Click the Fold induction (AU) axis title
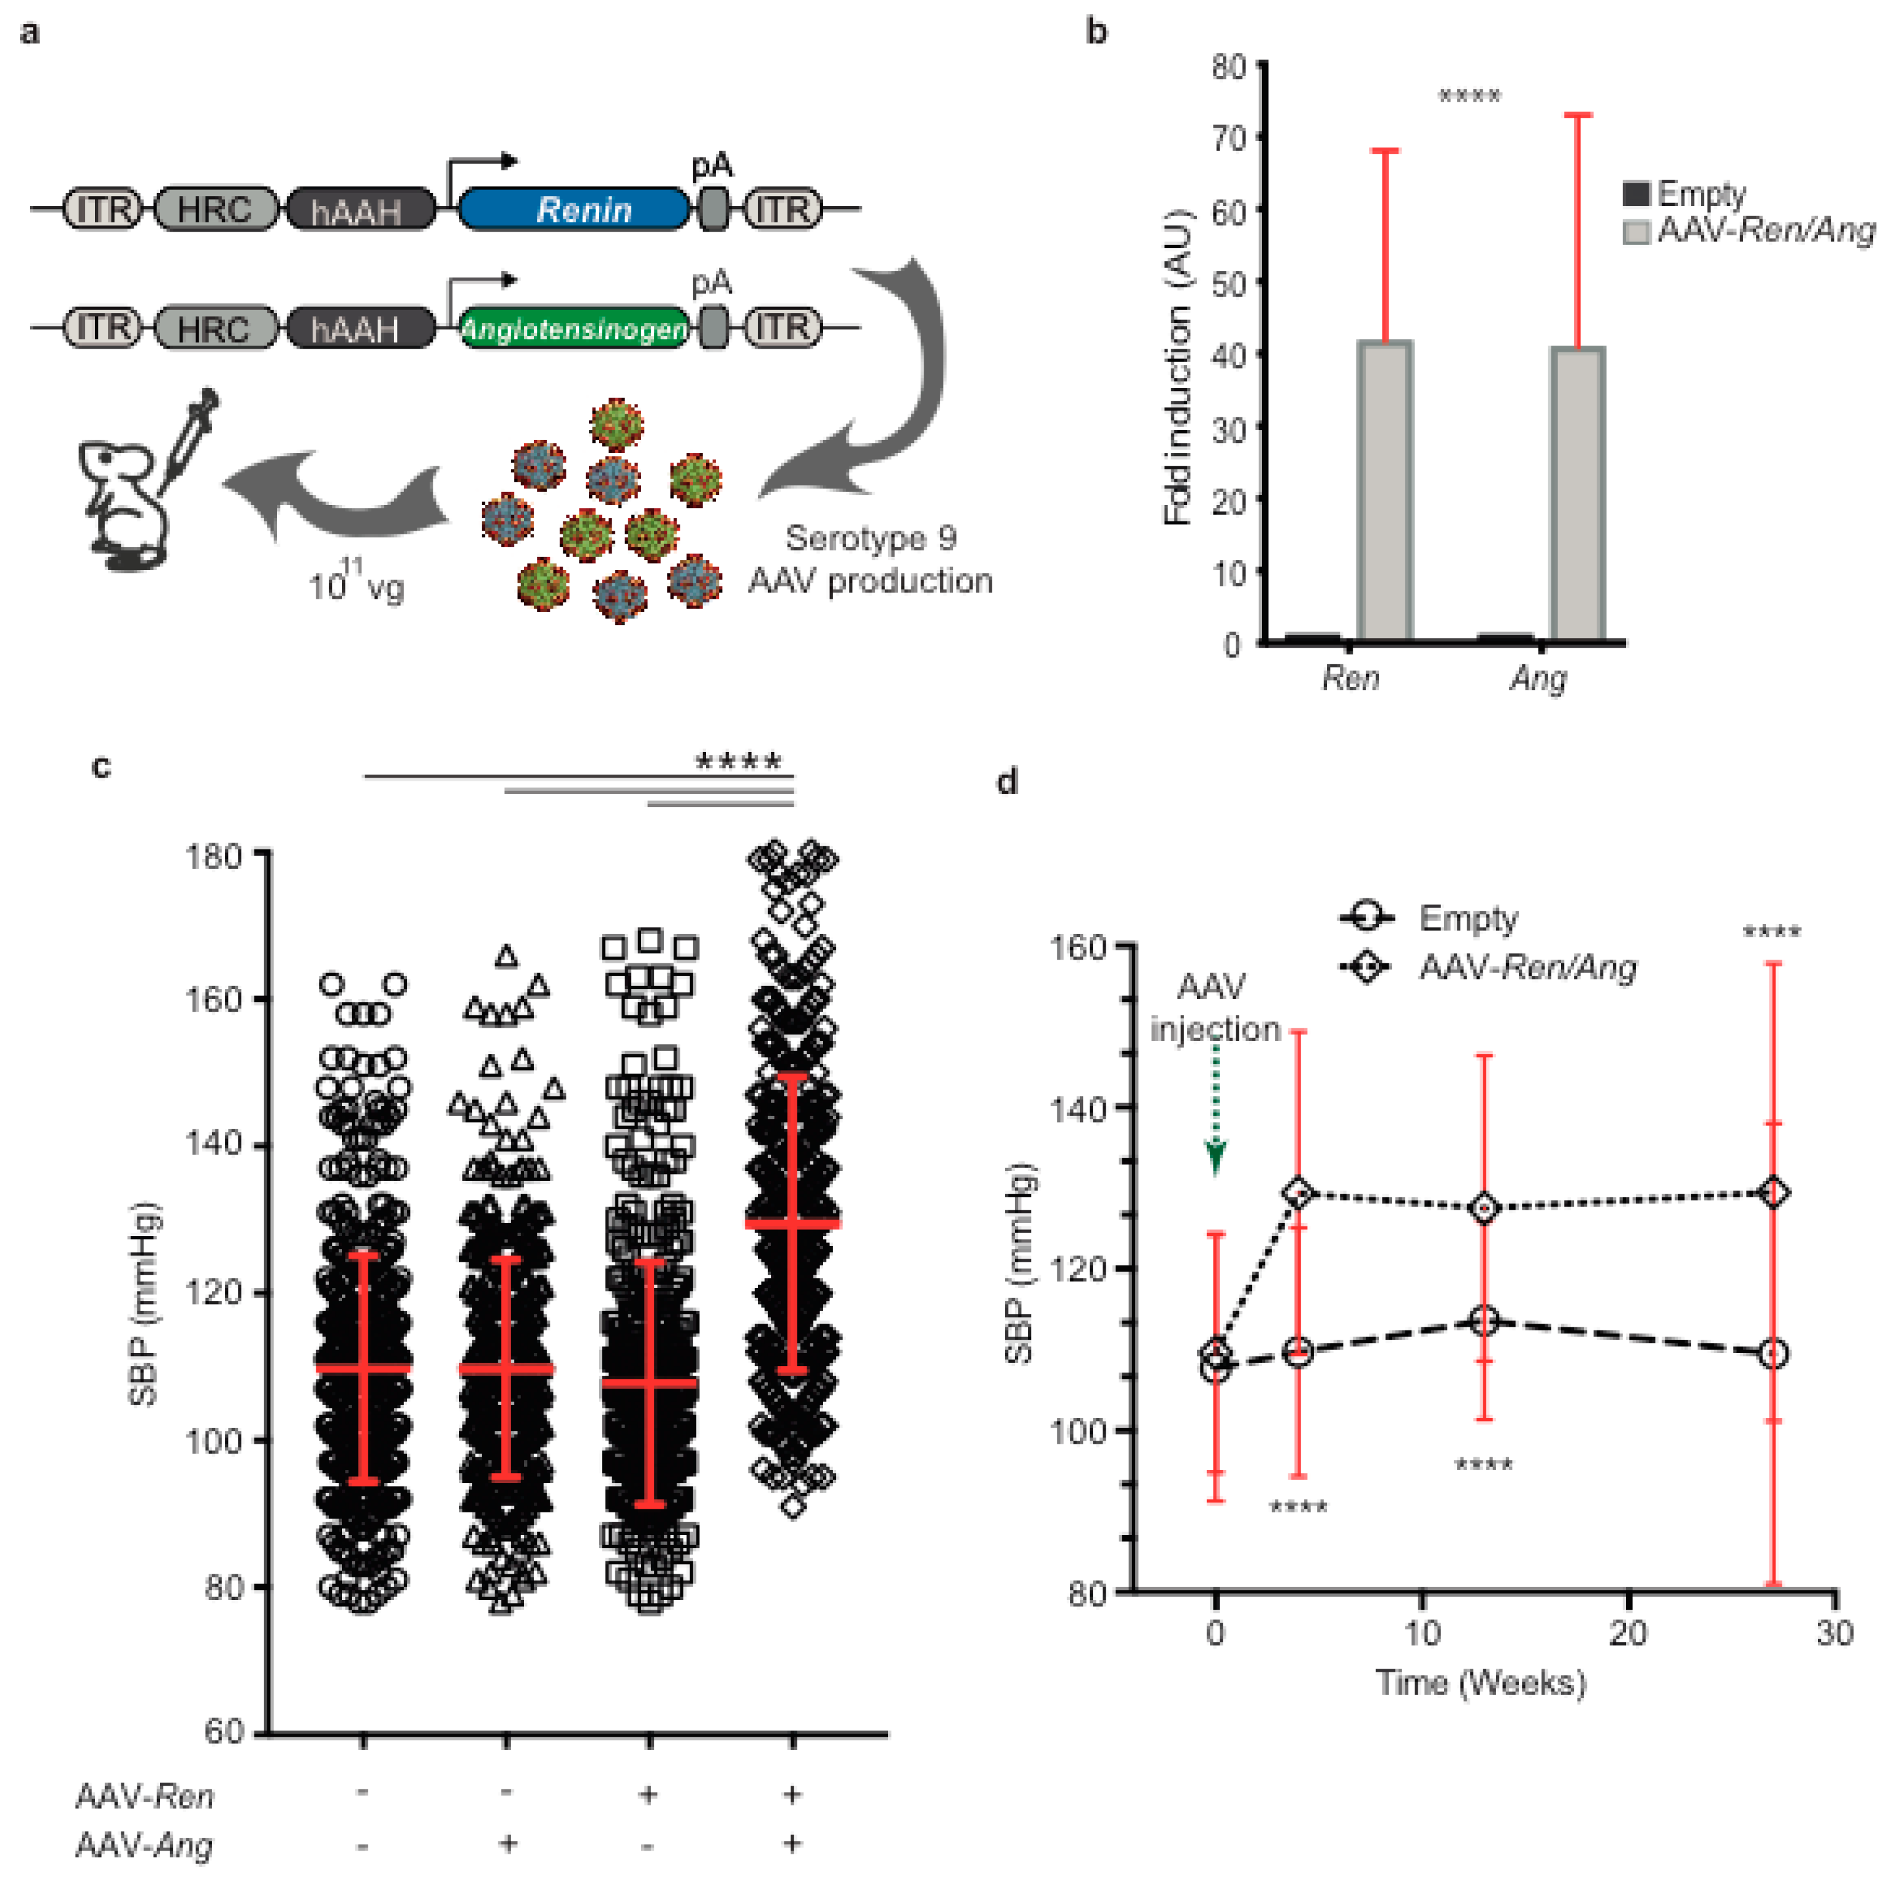point(1179,366)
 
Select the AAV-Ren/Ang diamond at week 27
point(1773,1193)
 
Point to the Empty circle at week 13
point(1484,1321)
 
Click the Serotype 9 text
point(871,537)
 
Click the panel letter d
point(1007,781)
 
